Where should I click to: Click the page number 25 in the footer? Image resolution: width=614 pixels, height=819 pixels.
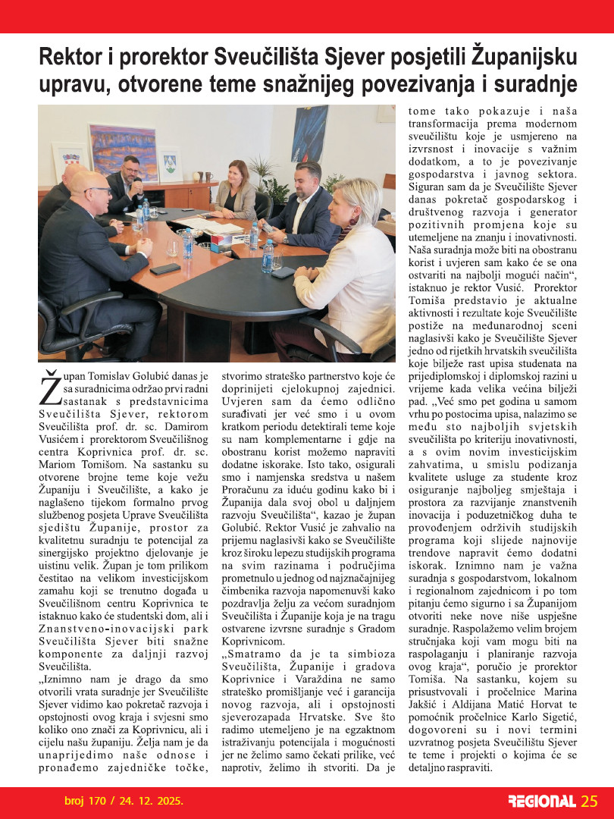point(590,801)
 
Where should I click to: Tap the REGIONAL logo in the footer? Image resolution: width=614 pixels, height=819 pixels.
point(542,802)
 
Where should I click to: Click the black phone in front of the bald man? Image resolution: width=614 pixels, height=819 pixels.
point(165,268)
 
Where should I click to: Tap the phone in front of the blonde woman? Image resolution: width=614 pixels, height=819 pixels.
point(283,271)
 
